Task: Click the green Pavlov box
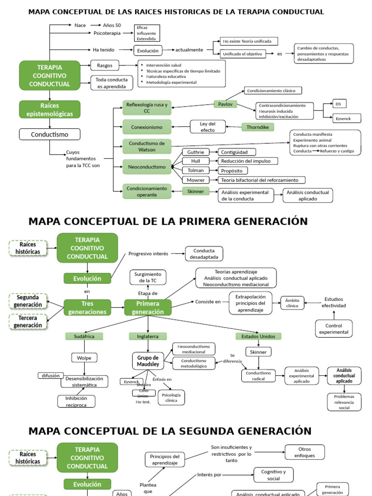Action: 225,104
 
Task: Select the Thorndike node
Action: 258,127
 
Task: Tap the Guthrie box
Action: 196,152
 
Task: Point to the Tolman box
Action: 196,170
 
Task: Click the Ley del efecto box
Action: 207,127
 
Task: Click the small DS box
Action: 340,104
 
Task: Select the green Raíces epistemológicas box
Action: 50,109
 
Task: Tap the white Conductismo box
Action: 50,134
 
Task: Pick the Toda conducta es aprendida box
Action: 111,83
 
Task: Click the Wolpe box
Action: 84,358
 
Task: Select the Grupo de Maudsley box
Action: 147,361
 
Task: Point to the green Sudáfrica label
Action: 84,336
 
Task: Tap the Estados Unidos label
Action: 258,336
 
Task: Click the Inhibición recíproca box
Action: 76,402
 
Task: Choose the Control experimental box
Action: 334,328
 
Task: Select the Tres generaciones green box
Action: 87,308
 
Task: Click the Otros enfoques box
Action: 304,452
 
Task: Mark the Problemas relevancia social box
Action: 344,402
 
